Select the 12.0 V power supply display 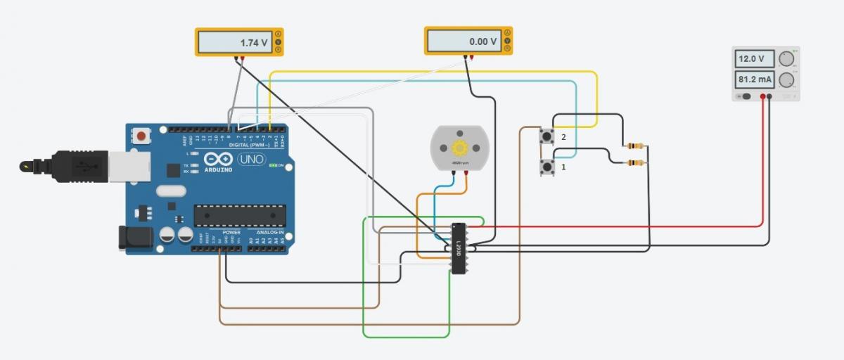pyautogui.click(x=754, y=59)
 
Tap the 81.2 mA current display pyautogui.click(x=754, y=79)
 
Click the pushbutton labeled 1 pyautogui.click(x=546, y=167)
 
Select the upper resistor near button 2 pyautogui.click(x=635, y=146)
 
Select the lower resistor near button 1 pyautogui.click(x=635, y=163)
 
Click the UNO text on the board pyautogui.click(x=251, y=160)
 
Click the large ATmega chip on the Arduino pyautogui.click(x=241, y=216)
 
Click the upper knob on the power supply pyautogui.click(x=786, y=58)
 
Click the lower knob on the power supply pyautogui.click(x=786, y=79)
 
